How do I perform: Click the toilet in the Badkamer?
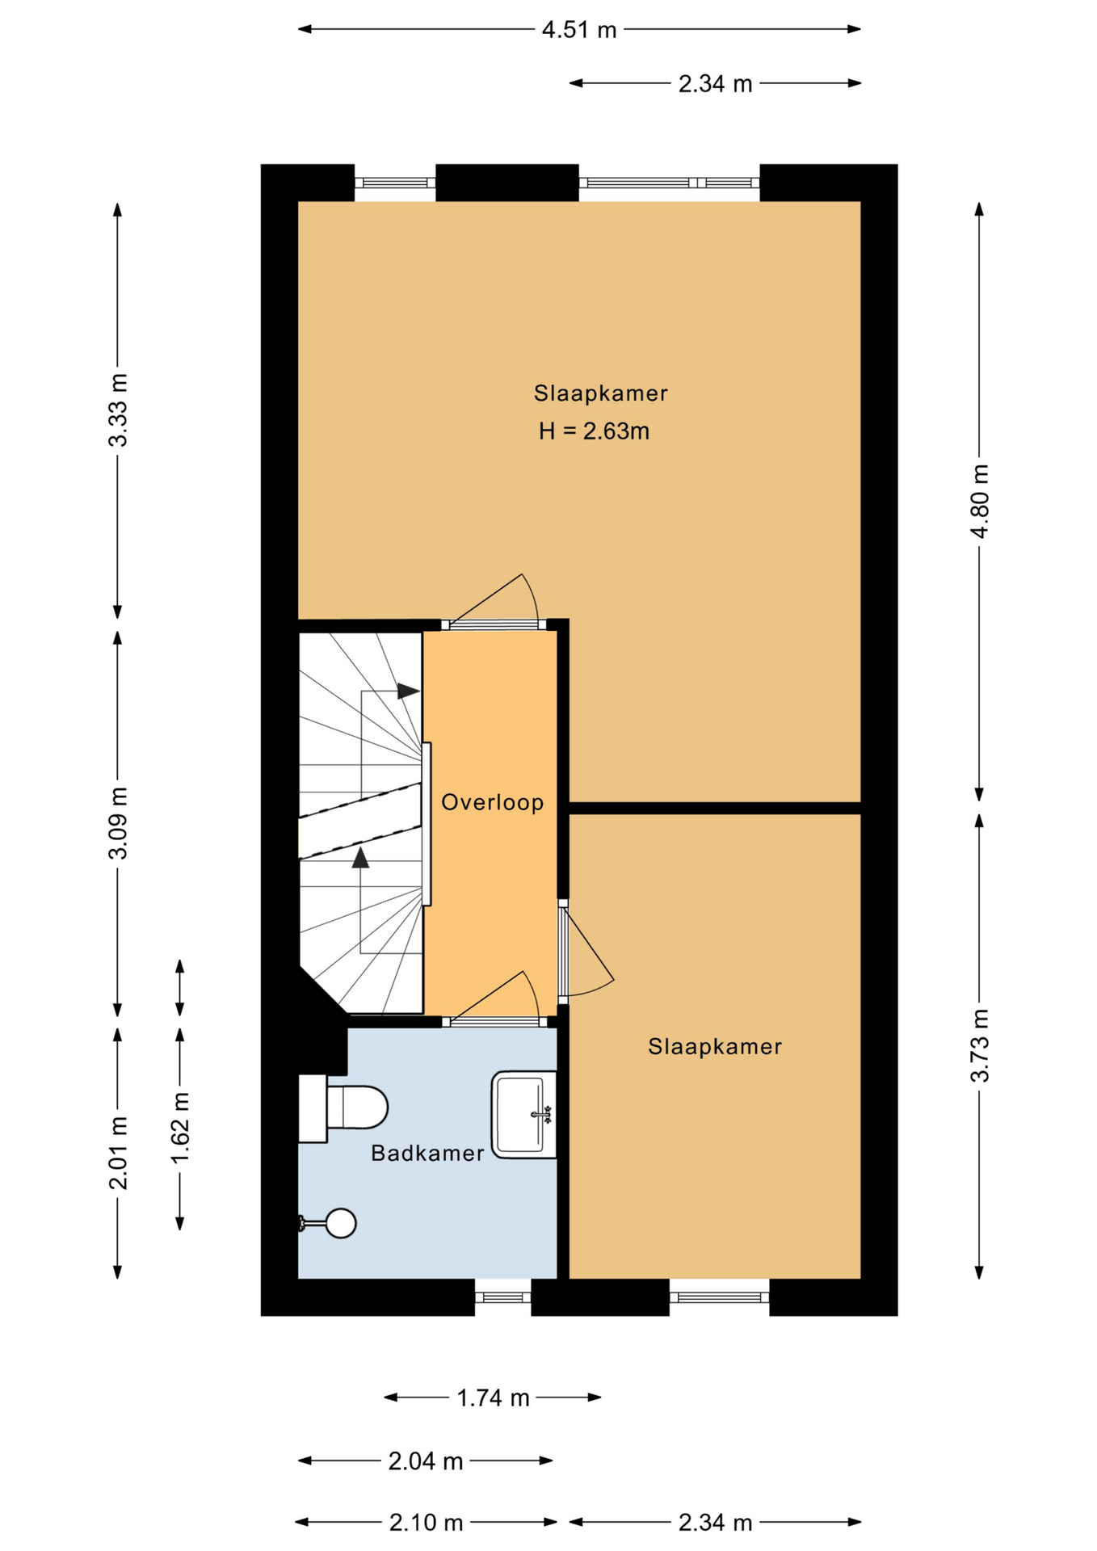click(x=343, y=1108)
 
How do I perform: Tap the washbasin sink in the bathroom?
click(x=523, y=1115)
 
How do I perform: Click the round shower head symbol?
click(x=341, y=1223)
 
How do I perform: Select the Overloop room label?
click(x=492, y=802)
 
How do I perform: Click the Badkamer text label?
click(x=427, y=1153)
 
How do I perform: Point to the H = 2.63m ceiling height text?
click(x=594, y=431)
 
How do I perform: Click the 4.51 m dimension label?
click(x=579, y=30)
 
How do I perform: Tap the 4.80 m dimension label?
click(x=979, y=502)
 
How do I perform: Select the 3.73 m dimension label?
click(x=979, y=1045)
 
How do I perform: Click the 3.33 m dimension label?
click(x=118, y=410)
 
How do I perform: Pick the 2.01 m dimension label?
click(x=118, y=1153)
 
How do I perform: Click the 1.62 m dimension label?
click(x=179, y=1128)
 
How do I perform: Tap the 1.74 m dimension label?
click(x=493, y=1398)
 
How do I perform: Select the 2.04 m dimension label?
click(x=426, y=1461)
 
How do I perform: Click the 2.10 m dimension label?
click(x=426, y=1523)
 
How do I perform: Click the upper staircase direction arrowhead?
click(x=408, y=691)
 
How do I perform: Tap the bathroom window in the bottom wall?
click(x=502, y=1297)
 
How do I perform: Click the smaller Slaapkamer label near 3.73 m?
click(x=715, y=1047)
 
